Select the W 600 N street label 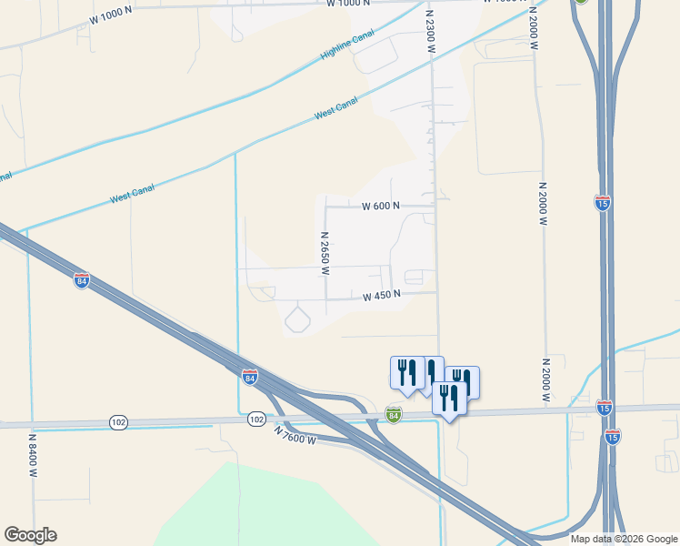(381, 207)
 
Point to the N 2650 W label (324, 253)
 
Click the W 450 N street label (381, 297)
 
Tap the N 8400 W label (32, 455)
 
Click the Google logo (30, 535)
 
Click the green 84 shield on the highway (394, 413)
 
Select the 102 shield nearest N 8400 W (119, 422)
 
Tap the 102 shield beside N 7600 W (256, 420)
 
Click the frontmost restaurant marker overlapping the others (449, 398)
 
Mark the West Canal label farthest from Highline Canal (132, 193)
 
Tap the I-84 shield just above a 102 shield (250, 376)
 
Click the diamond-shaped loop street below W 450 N (298, 319)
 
